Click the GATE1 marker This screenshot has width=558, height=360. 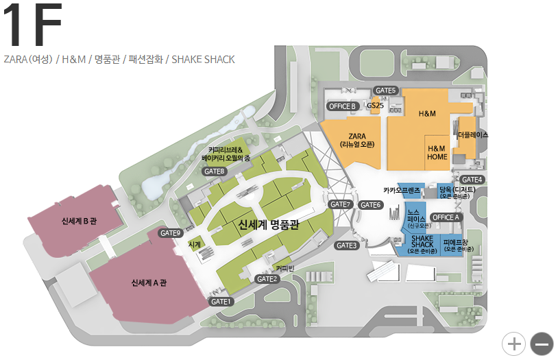coord(221,301)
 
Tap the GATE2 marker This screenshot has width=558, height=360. coord(267,278)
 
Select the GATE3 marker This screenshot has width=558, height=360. coord(347,245)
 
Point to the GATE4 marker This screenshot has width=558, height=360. coord(472,180)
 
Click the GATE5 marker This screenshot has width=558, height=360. coord(386,91)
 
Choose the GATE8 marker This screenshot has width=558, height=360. coord(215,171)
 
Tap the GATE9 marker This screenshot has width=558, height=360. coord(170,232)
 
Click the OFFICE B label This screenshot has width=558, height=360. coord(343,106)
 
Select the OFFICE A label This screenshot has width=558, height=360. coord(446,217)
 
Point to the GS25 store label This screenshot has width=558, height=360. coord(375,106)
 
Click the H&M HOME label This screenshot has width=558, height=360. coord(437,152)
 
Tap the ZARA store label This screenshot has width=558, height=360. coord(356,140)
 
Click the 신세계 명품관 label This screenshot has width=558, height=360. coord(269,224)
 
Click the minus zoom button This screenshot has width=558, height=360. coord(542,343)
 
